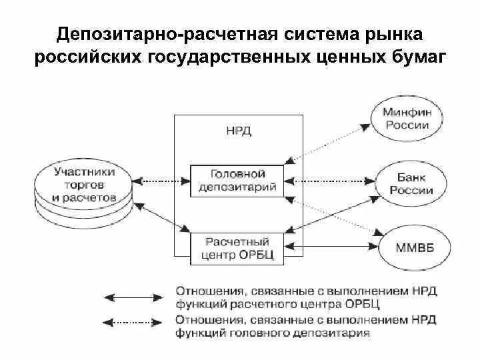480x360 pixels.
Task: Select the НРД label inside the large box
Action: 238,131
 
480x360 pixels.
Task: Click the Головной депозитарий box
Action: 238,180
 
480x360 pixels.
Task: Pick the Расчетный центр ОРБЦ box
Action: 238,247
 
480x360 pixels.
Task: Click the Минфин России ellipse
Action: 407,121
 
